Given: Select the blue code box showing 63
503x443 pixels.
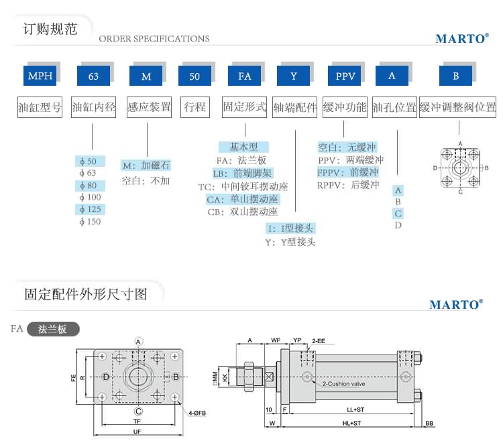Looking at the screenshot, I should click(93, 76).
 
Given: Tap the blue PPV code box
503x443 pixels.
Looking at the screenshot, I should click(345, 76).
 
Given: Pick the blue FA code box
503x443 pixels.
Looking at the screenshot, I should click(245, 76).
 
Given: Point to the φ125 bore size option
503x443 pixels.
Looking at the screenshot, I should click(89, 209).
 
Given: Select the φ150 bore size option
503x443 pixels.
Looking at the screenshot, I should click(89, 221).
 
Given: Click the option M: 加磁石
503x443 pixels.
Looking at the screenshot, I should click(146, 166).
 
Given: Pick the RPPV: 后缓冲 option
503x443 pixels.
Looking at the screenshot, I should click(348, 185).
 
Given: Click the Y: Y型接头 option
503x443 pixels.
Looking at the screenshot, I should click(290, 242).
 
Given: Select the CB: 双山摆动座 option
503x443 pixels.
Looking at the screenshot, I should click(243, 212).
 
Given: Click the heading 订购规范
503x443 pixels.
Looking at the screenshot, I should click(50, 29).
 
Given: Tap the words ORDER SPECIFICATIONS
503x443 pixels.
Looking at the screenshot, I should click(154, 39).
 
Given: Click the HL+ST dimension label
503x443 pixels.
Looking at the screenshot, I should click(351, 424).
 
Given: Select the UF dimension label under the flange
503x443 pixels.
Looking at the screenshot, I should click(137, 432).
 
